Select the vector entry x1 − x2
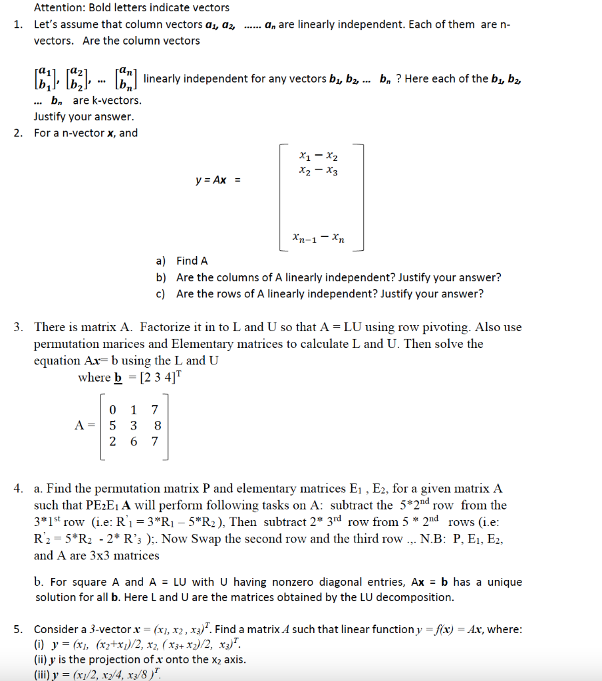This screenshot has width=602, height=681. coord(319,158)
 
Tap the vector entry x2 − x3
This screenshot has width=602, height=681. coord(319,172)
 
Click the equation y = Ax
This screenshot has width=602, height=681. coord(216,180)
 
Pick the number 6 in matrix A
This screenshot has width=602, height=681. coord(134,440)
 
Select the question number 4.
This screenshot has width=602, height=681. coord(18,489)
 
